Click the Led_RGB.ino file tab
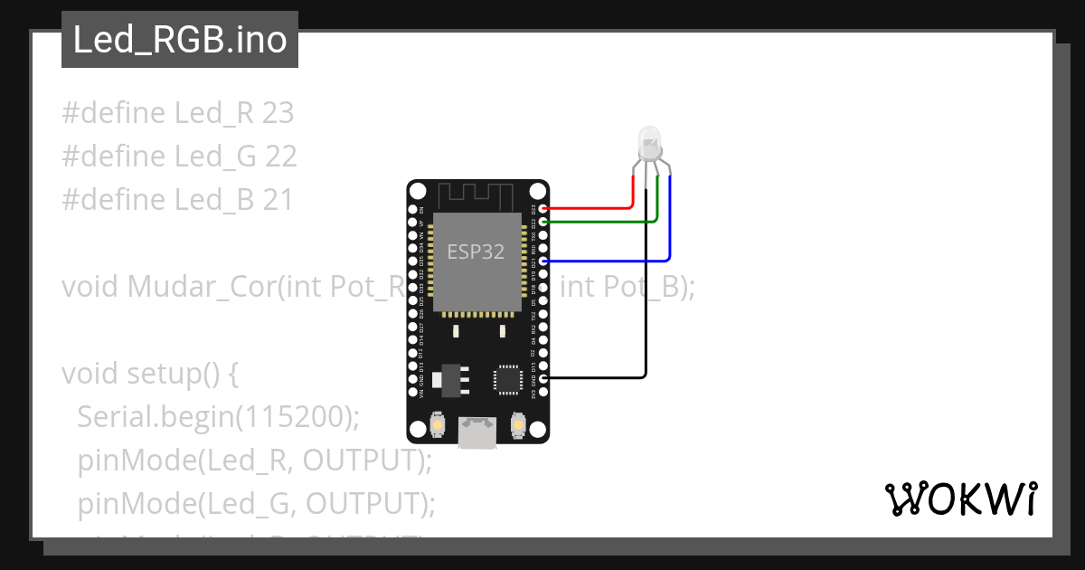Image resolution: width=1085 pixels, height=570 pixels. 180,40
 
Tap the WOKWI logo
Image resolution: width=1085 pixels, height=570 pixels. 960,499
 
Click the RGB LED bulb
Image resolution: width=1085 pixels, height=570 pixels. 650,144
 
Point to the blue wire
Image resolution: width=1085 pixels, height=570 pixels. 615,261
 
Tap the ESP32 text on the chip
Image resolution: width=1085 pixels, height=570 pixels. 476,252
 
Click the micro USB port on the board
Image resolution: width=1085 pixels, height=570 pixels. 476,432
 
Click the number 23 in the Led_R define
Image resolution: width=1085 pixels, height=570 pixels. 278,114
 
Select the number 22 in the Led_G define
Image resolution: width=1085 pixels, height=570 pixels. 280,157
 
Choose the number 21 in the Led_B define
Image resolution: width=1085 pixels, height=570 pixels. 277,200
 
